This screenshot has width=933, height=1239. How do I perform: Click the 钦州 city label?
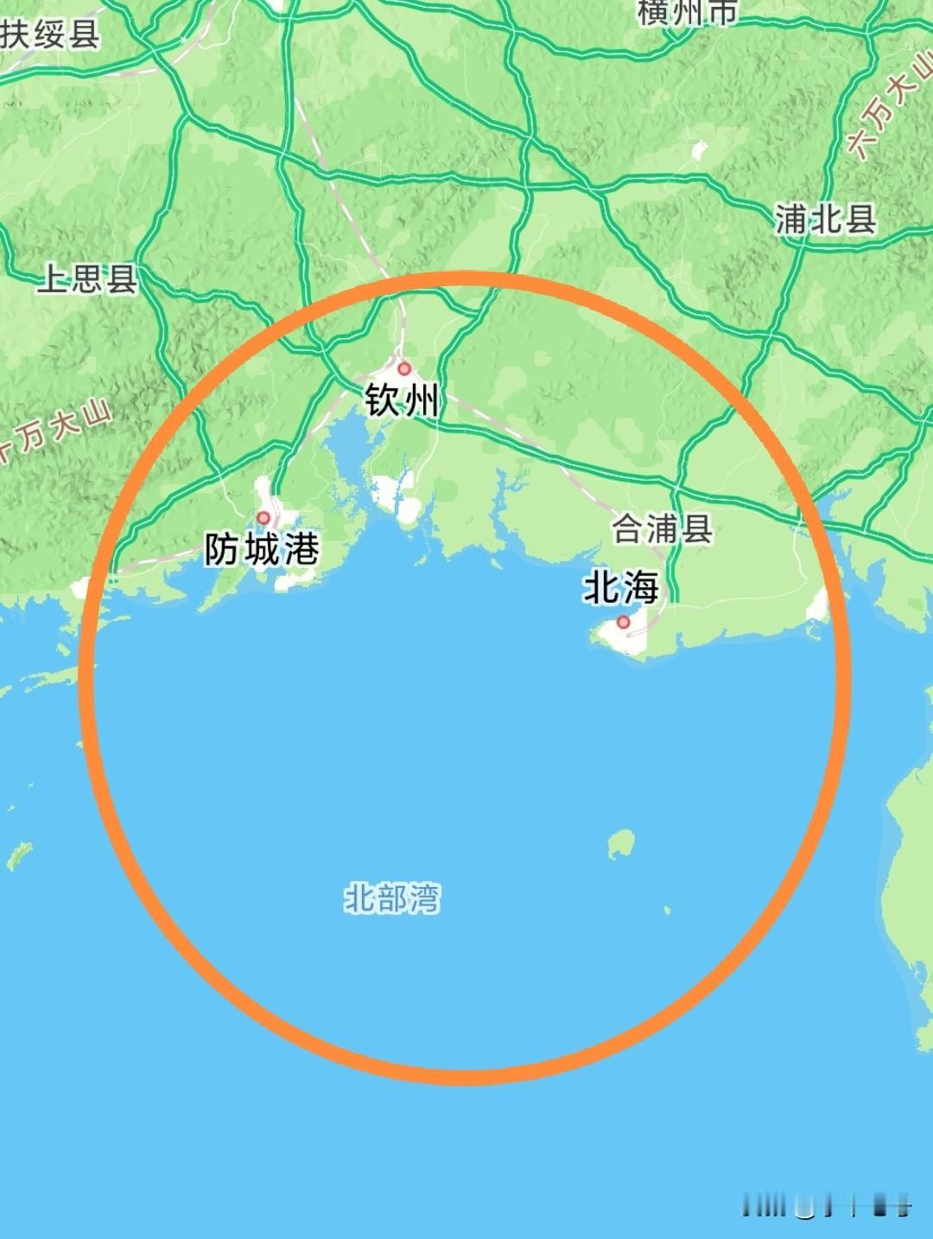tap(402, 400)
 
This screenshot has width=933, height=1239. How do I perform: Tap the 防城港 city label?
tap(262, 549)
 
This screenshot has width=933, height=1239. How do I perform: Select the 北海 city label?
tap(621, 589)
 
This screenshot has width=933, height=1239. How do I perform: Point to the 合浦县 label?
tap(663, 528)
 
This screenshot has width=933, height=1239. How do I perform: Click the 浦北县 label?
tap(826, 220)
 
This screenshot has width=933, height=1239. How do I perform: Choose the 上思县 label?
tap(86, 278)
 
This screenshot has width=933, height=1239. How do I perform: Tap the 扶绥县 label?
tap(50, 35)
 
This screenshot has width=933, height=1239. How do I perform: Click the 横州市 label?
tap(689, 12)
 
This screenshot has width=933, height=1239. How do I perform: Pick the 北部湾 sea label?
tap(392, 898)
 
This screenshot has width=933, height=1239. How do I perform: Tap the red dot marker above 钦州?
tap(403, 369)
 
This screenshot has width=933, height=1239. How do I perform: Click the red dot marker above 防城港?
tap(264, 518)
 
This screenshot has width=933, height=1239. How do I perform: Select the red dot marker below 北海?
tap(624, 622)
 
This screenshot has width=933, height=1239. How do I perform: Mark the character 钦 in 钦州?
tap(382, 400)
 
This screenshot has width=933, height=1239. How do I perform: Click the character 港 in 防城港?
tap(301, 549)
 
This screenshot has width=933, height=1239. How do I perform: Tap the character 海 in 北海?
tap(640, 589)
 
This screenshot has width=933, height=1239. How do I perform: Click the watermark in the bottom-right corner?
tap(827, 1204)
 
